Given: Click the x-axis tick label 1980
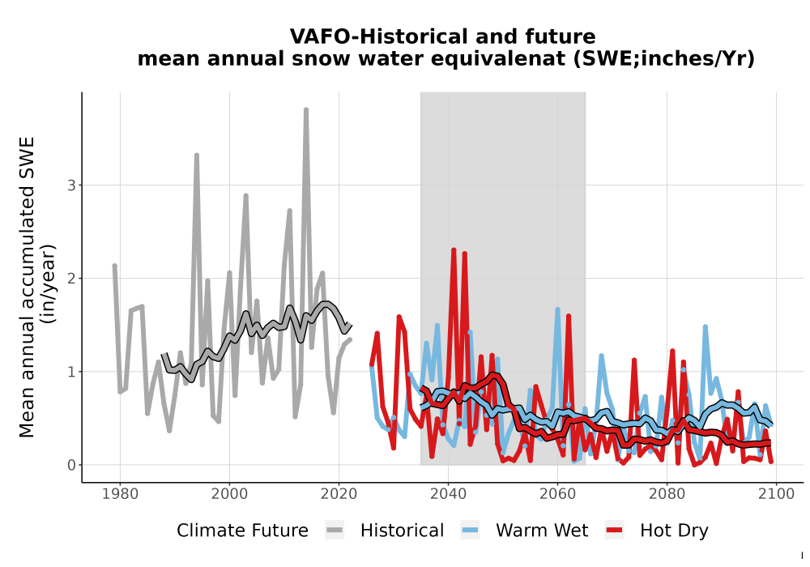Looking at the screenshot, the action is [121, 494].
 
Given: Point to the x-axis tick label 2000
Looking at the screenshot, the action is [230, 494].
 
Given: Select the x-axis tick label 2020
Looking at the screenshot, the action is [339, 494].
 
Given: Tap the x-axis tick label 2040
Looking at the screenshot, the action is [449, 494].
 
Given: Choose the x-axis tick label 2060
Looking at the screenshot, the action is [558, 494].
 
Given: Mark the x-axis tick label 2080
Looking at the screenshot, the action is [667, 494].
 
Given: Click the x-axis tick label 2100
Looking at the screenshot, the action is [777, 494].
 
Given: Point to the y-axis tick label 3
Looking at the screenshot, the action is [71, 185].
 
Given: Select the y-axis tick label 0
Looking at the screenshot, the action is [71, 465].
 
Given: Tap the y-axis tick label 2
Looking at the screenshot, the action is [71, 279].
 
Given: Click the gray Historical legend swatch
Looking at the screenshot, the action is [335, 531].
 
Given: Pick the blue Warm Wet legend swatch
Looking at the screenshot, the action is [470, 531].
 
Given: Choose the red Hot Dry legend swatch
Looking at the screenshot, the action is [614, 531].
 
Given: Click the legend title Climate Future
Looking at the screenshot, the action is [242, 531].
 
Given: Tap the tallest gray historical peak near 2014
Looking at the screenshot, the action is [306, 110].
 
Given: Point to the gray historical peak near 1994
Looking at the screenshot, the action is [197, 156].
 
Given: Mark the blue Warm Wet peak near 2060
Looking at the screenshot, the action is [558, 310].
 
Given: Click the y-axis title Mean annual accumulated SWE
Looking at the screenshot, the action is [27, 287].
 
